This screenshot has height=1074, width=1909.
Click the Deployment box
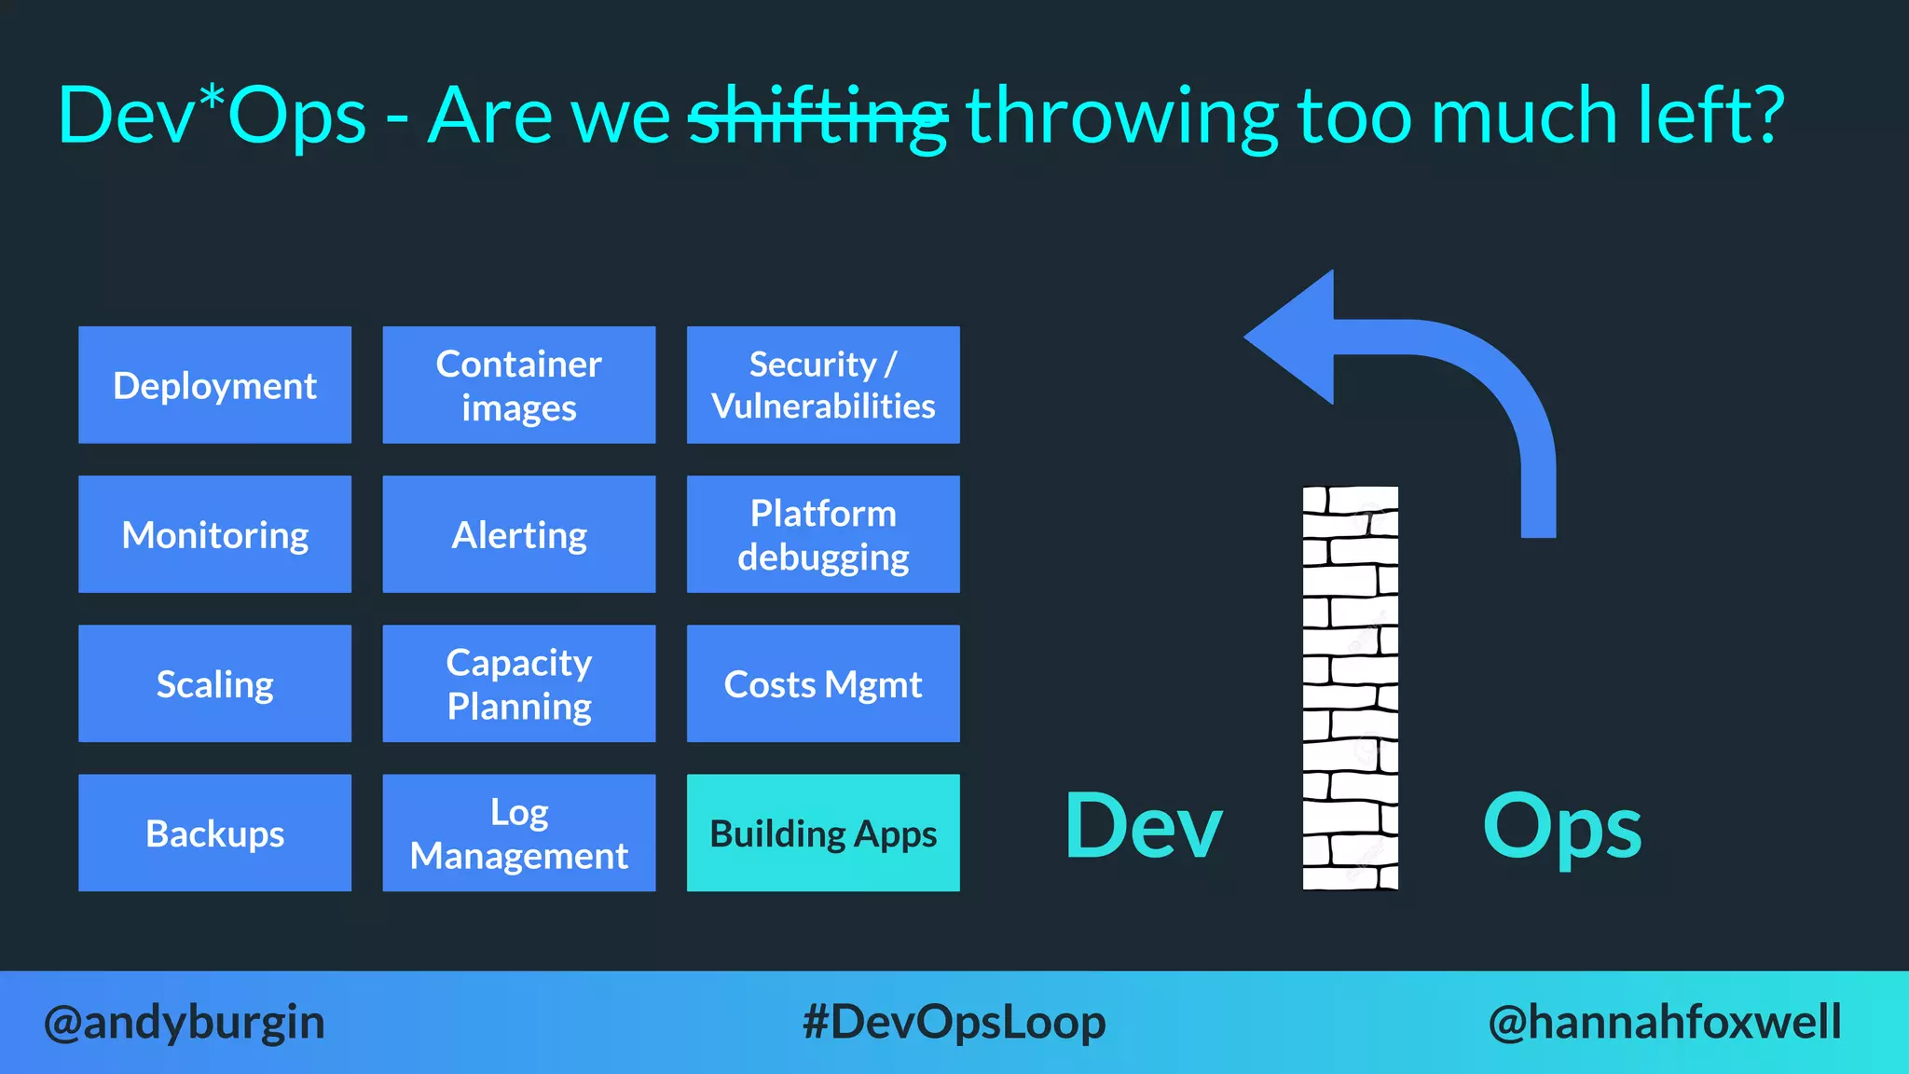[x=214, y=385]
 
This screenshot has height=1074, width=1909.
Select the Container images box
[x=518, y=385]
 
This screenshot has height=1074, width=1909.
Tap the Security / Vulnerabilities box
[x=823, y=385]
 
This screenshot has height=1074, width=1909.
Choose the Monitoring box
[x=214, y=534]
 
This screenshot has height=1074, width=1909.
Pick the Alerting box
[x=518, y=534]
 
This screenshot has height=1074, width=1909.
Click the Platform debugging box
[x=823, y=534]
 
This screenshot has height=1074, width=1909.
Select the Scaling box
[x=214, y=683]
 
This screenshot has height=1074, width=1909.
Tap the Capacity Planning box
[x=518, y=683]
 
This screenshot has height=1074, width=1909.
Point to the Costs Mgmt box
[x=823, y=683]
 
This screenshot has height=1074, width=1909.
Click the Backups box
[x=214, y=833]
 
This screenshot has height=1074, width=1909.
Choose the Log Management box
[x=518, y=833]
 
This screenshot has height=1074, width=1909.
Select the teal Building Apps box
[x=823, y=833]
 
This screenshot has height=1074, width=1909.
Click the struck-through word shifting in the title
[x=817, y=117]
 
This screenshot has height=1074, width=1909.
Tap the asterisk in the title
[x=213, y=96]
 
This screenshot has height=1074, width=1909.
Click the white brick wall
[x=1350, y=688]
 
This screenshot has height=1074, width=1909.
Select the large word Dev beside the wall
[x=1143, y=826]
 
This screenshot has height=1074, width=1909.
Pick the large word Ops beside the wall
[x=1562, y=828]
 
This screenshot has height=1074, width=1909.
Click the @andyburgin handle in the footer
[x=185, y=1022]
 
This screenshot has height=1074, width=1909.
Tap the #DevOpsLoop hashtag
[x=954, y=1022]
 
